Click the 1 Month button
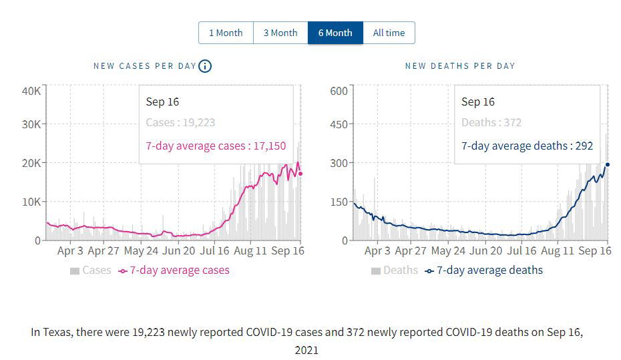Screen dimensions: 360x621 226,33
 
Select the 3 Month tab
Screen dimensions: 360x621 280,33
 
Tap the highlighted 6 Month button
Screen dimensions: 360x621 335,33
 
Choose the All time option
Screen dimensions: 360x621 389,33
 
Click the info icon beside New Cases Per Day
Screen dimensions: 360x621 205,65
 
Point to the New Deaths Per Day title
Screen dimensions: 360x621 460,66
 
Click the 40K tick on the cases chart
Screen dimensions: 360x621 32,91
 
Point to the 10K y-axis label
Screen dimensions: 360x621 32,202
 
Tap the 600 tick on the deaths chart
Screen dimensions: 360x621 340,91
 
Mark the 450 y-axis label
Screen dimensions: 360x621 340,124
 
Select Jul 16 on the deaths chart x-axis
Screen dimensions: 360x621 522,251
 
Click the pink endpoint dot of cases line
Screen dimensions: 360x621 300,174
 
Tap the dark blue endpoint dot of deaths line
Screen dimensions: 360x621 608,164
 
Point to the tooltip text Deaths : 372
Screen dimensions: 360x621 491,123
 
